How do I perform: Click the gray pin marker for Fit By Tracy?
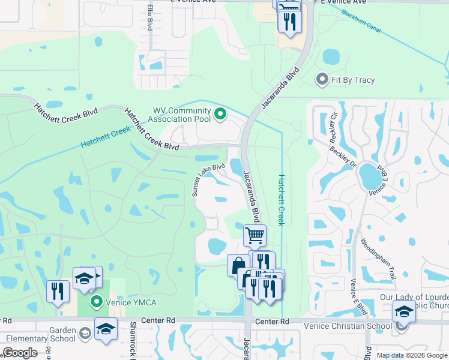[322, 79]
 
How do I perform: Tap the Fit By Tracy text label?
[352, 80]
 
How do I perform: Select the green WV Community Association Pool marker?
[220, 113]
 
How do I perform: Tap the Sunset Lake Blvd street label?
[208, 179]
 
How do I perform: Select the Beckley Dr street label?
[345, 163]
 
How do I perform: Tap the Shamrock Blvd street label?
[133, 340]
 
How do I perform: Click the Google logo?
[20, 353]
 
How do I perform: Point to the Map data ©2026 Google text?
[411, 355]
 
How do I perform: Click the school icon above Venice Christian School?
[403, 311]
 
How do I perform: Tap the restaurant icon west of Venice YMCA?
[58, 290]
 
